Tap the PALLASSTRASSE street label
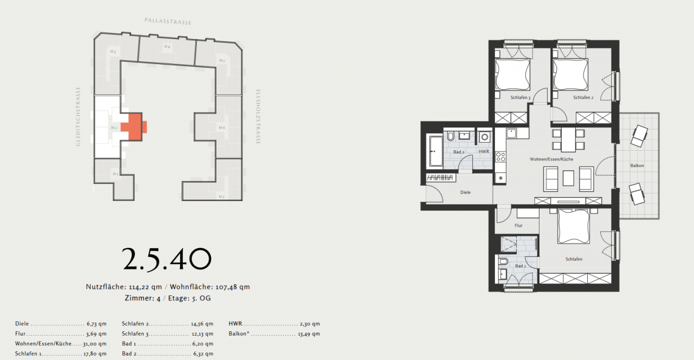pyautogui.click(x=168, y=21)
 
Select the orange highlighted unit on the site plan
pyautogui.click(x=132, y=126)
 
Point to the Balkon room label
pyautogui.click(x=637, y=165)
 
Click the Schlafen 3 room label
pyautogui.click(x=520, y=98)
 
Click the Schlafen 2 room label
pyautogui.click(x=583, y=98)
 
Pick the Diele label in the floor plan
pyautogui.click(x=465, y=192)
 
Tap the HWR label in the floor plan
pyautogui.click(x=484, y=152)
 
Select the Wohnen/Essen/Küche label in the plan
pyautogui.click(x=551, y=159)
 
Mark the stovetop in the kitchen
pyautogui.click(x=500, y=157)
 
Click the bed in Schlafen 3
pyautogui.click(x=512, y=74)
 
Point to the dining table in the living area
pyautogui.click(x=568, y=139)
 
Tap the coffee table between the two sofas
pyautogui.click(x=569, y=178)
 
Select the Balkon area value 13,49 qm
pyautogui.click(x=309, y=334)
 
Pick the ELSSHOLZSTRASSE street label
pyautogui.click(x=259, y=116)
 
